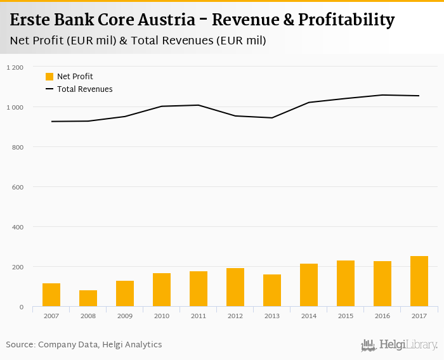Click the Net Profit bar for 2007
pos(51,295)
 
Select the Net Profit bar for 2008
pos(88,299)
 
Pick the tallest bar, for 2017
pos(419,281)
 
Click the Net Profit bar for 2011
pos(199,289)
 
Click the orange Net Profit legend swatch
pos(49,77)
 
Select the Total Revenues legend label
pos(85,89)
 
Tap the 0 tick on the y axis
pos(21,307)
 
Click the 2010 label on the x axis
pos(162,315)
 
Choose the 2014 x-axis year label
pos(309,315)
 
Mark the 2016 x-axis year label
pos(382,315)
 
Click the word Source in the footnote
pos(20,345)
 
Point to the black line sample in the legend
pos(49,89)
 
